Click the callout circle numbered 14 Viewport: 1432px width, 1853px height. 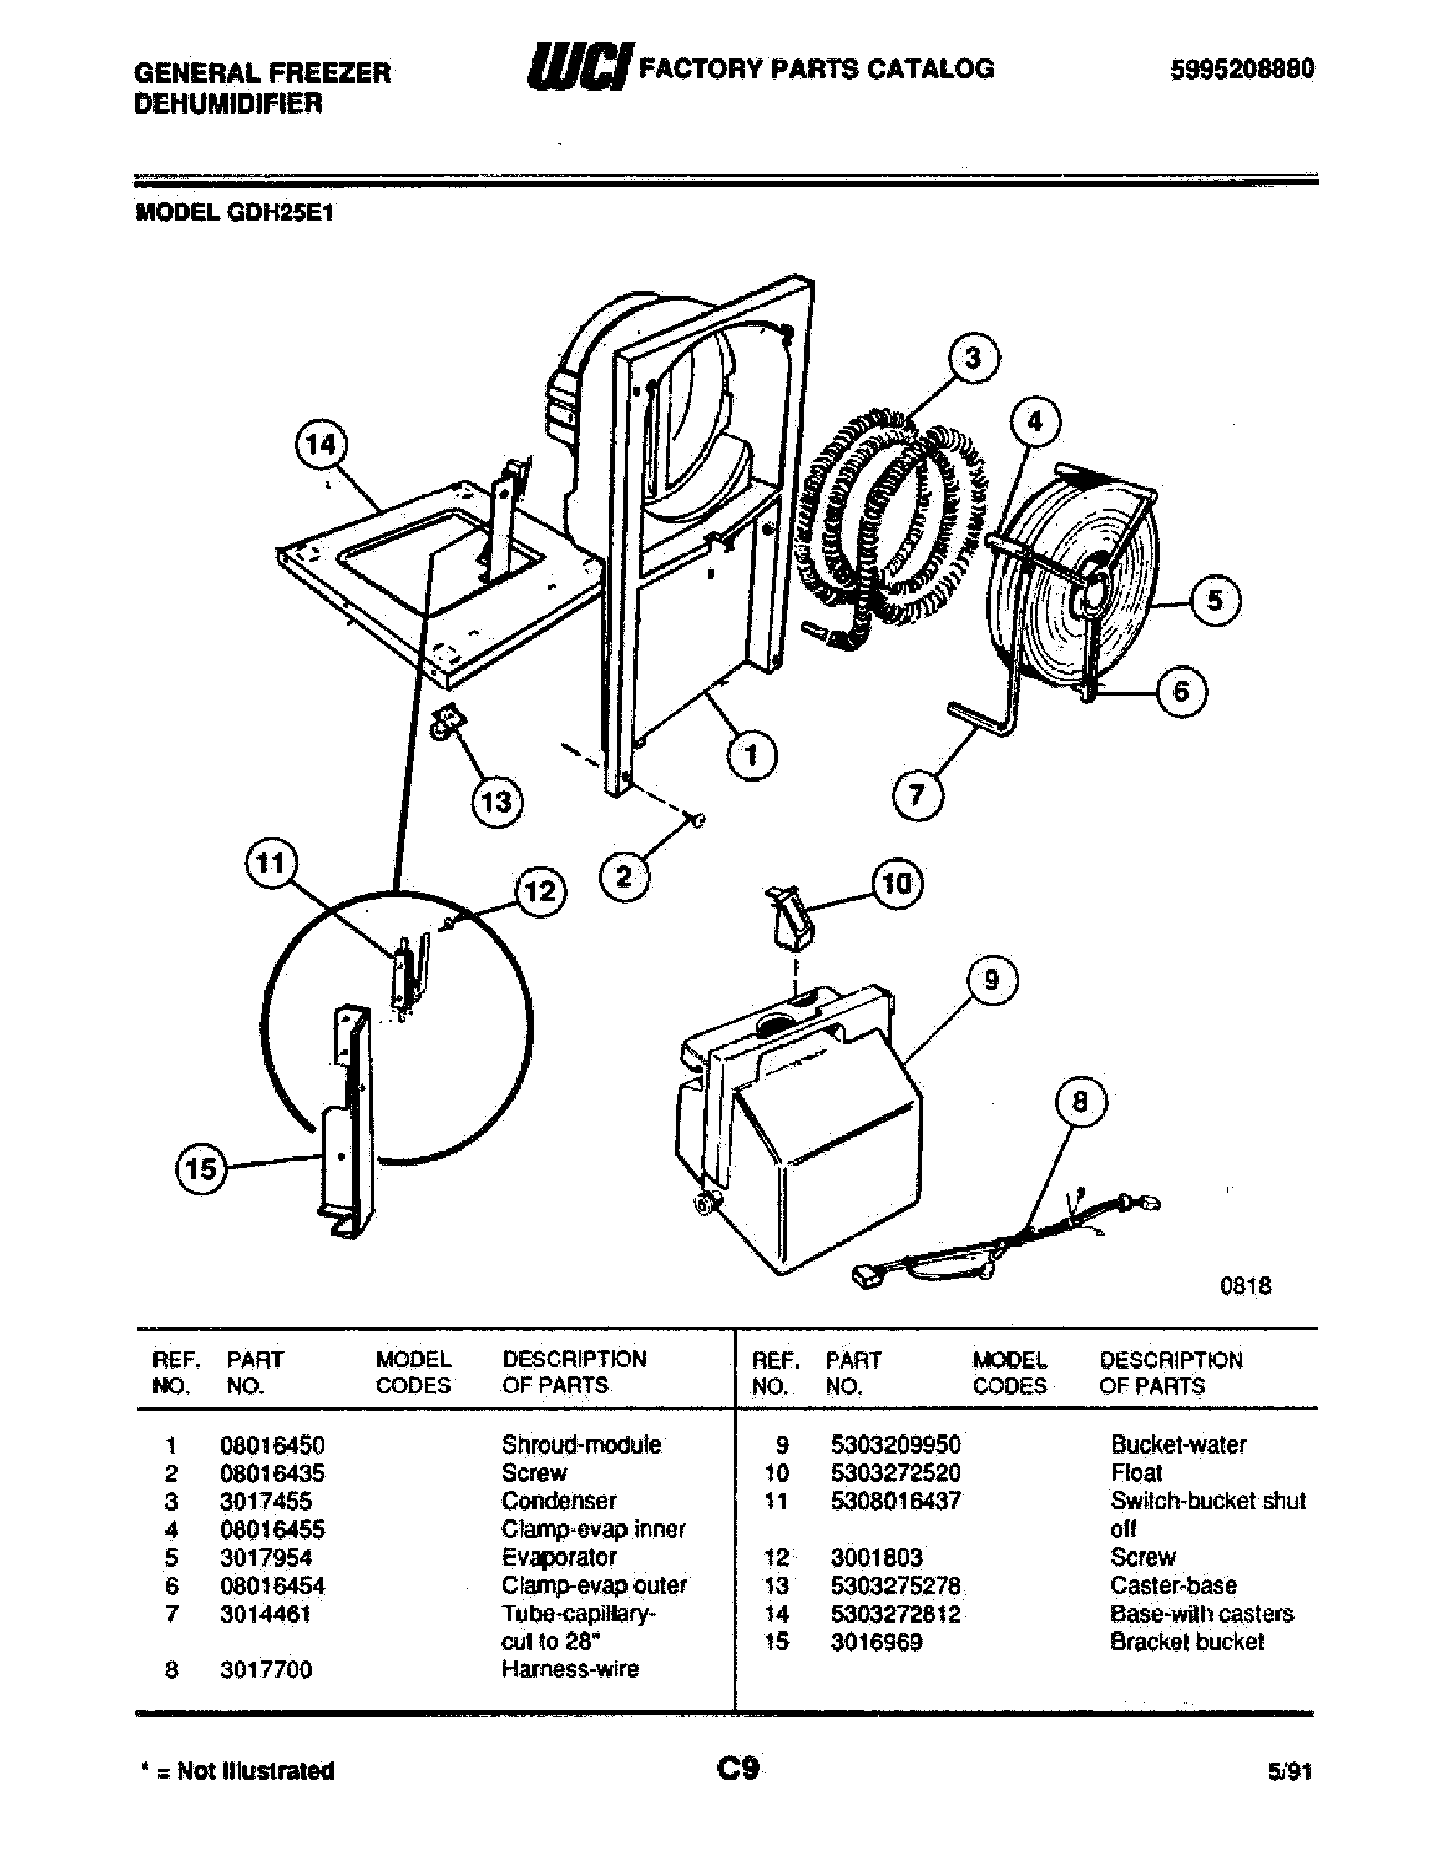click(x=321, y=446)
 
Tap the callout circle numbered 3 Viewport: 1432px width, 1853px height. click(x=972, y=358)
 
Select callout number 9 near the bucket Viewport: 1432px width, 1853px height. click(x=991, y=980)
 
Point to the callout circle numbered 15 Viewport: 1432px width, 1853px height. click(x=201, y=1169)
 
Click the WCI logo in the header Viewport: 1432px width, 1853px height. click(x=580, y=69)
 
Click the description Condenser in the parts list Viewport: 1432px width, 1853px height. click(x=559, y=1500)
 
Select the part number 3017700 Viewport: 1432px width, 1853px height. click(x=265, y=1669)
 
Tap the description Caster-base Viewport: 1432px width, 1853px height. click(x=1173, y=1585)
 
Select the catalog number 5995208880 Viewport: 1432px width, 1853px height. click(x=1241, y=70)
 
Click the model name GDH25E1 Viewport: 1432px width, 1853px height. click(x=279, y=212)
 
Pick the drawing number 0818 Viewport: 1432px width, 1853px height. click(x=1245, y=1286)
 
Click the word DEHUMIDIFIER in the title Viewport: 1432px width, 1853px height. click(x=228, y=104)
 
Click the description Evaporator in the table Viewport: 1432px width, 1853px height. click(x=559, y=1557)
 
